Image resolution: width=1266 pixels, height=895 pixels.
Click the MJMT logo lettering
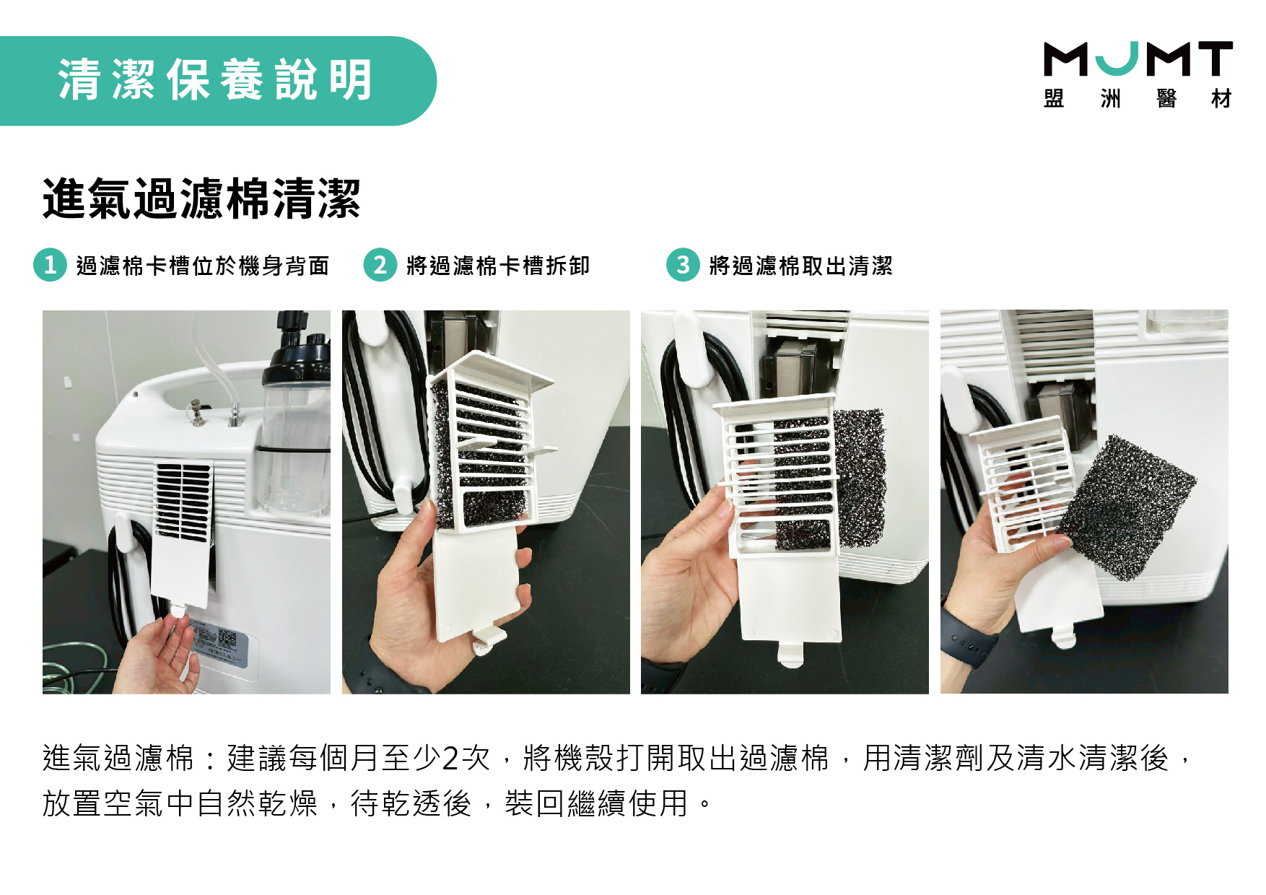coord(1138,58)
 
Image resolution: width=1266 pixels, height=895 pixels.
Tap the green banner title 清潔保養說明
coord(215,79)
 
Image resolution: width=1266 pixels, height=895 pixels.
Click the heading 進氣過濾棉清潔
coord(201,198)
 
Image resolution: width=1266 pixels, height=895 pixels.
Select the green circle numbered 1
coord(50,265)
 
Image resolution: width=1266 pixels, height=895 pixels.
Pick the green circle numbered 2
coord(380,265)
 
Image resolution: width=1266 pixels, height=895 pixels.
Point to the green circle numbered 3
coord(683,265)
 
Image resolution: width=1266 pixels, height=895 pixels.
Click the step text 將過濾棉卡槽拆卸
coord(498,266)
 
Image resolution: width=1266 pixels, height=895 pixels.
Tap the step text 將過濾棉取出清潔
coord(801,266)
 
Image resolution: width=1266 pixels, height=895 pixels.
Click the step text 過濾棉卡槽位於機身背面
coord(203,266)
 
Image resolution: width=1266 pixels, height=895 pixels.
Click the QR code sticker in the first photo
coord(227,639)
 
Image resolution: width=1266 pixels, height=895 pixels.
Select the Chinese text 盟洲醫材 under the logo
coord(1138,98)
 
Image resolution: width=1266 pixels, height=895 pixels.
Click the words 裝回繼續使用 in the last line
coord(597,803)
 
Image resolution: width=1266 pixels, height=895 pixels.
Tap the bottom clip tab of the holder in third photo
coord(791,653)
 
